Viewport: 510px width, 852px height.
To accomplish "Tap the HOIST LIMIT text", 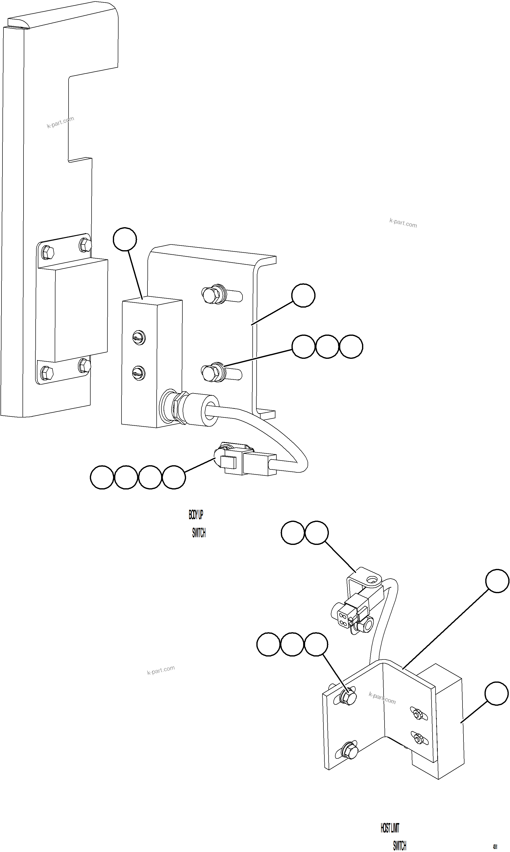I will click(x=390, y=828).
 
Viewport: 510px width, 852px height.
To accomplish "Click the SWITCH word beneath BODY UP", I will click(x=199, y=533).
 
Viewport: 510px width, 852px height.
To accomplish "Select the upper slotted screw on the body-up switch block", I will click(x=139, y=338).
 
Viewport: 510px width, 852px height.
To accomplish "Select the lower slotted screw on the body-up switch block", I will click(x=139, y=373).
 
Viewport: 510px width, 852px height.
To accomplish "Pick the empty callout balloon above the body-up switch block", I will click(x=125, y=239).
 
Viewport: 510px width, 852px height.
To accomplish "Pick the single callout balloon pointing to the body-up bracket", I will click(x=303, y=295).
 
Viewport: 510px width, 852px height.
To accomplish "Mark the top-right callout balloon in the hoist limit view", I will click(x=497, y=581).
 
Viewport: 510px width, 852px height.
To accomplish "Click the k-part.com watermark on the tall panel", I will click(x=60, y=122).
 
